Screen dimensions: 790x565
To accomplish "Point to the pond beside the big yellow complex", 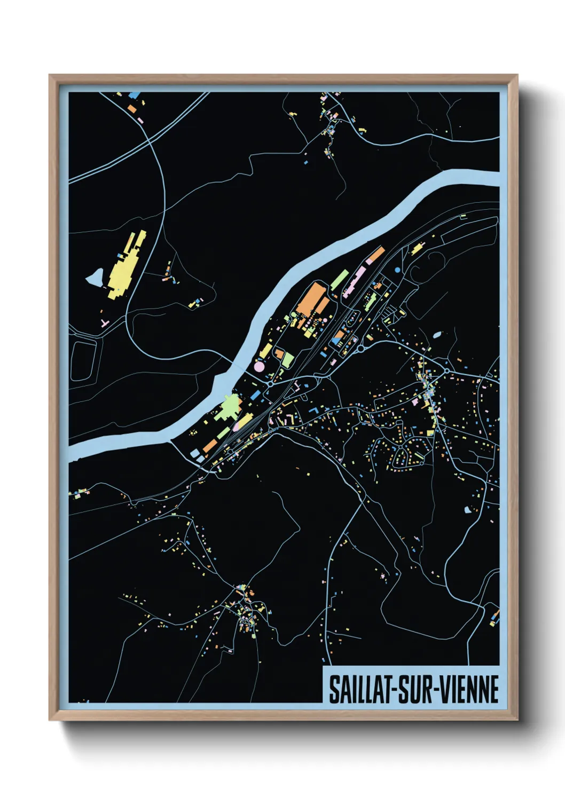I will click(x=96, y=276).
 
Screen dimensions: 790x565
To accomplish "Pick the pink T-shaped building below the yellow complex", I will click(x=105, y=323).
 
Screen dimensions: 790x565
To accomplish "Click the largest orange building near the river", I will click(x=311, y=300).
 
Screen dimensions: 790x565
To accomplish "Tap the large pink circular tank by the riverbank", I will click(x=259, y=367).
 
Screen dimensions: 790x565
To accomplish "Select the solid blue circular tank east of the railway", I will click(x=397, y=270).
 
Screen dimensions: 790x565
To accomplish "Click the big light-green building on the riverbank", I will click(x=229, y=407).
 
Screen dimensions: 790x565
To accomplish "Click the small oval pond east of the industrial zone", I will click(x=437, y=335).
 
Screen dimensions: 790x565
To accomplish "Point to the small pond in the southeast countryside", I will click(x=468, y=509).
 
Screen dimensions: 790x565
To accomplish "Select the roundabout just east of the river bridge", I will click(x=271, y=383).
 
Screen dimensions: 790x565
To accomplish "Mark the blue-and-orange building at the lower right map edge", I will click(x=494, y=618).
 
